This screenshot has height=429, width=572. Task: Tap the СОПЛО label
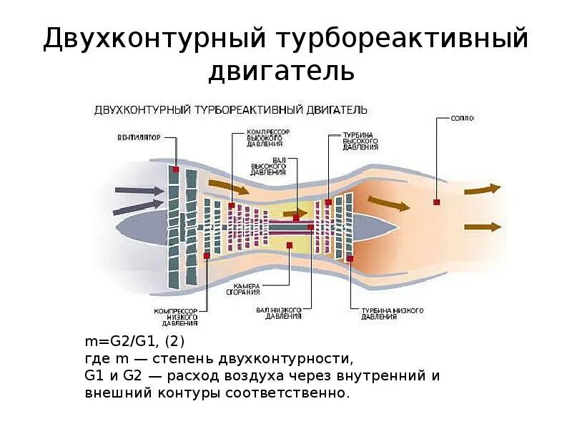pos(463,117)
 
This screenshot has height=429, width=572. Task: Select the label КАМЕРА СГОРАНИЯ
pos(244,289)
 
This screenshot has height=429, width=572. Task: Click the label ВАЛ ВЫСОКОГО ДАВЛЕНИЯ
pos(268,167)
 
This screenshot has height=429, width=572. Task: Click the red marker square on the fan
pos(174,169)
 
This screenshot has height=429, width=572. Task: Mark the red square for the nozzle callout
pos(436,202)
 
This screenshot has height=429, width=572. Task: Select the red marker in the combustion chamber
pos(289,245)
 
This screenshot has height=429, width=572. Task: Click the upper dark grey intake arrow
pos(139,191)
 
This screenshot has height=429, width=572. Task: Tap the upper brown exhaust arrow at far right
pos(482,189)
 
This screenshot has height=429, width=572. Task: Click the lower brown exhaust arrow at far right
pos(482,227)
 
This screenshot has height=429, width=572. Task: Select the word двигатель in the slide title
pos(281,71)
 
